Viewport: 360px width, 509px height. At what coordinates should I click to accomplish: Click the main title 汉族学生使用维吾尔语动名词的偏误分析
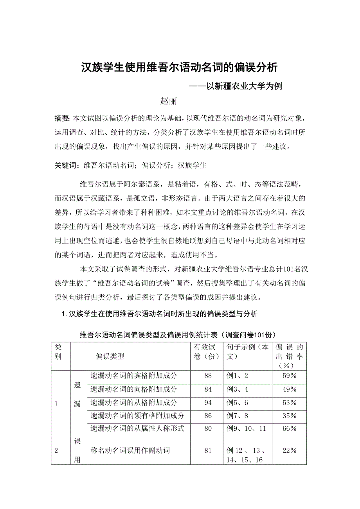179,68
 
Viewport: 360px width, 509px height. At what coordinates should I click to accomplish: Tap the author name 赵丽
169,101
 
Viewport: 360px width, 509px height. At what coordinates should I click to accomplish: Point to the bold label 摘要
62,118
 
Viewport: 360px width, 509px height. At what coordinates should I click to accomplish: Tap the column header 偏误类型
110,356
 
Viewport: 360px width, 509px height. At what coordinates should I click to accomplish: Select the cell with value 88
208,376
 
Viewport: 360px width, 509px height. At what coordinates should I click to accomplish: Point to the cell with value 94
208,403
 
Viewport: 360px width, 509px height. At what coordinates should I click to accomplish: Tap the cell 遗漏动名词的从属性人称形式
137,429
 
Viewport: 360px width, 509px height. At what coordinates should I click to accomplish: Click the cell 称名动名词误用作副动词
130,451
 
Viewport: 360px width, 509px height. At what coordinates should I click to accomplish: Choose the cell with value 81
208,451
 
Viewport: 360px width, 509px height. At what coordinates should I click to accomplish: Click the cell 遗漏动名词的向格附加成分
134,389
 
